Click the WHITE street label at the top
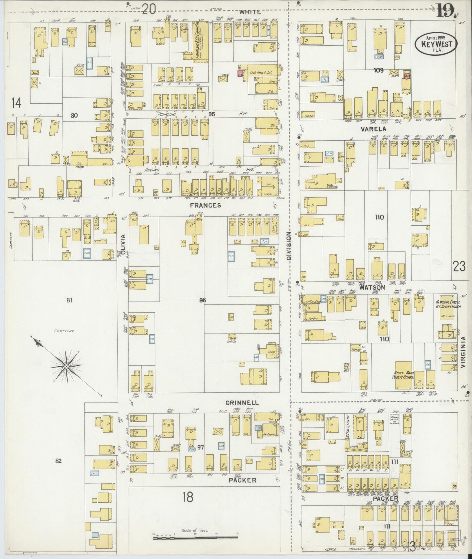point(250,12)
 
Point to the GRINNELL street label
point(241,403)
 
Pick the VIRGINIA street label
point(463,353)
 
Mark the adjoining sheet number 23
point(459,266)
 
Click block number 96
point(203,300)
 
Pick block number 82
point(58,461)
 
